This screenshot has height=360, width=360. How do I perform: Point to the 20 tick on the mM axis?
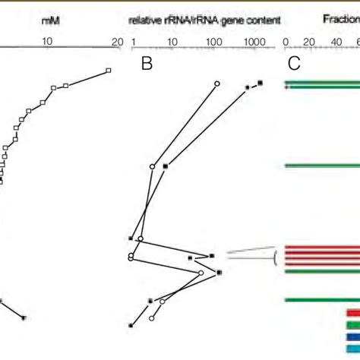tap(116, 43)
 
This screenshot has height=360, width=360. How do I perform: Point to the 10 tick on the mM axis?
tap(47, 43)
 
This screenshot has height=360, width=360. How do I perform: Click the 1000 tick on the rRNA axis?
tap(255, 43)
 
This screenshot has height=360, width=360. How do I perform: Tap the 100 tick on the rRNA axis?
tap(213, 43)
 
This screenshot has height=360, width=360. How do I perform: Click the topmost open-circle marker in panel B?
tap(217, 83)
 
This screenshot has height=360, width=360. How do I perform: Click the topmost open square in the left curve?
tap(108, 71)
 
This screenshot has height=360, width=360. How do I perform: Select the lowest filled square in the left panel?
tap(24, 318)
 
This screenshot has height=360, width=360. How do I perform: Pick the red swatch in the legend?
tap(352, 311)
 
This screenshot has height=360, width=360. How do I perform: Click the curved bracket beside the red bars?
tap(274, 260)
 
